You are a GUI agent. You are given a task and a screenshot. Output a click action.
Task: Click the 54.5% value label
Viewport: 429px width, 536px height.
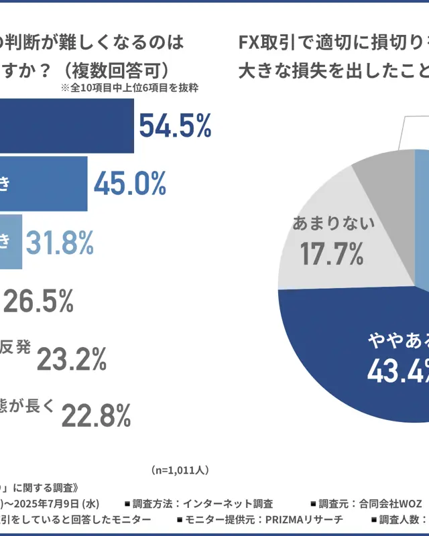pyautogui.click(x=175, y=125)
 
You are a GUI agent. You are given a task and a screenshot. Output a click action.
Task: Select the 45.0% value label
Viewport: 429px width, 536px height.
pyautogui.click(x=130, y=183)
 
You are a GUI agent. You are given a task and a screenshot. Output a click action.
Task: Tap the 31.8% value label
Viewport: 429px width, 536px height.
pyautogui.click(x=60, y=241)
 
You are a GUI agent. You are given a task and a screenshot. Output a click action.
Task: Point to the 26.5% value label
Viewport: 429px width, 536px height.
pyautogui.click(x=38, y=302)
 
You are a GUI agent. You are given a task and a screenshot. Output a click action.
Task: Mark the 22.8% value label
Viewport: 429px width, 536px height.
pyautogui.click(x=96, y=417)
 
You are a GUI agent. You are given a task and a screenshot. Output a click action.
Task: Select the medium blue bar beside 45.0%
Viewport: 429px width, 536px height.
pyautogui.click(x=43, y=183)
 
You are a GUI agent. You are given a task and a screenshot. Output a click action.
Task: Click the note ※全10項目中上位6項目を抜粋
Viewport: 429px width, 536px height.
pyautogui.click(x=129, y=87)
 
